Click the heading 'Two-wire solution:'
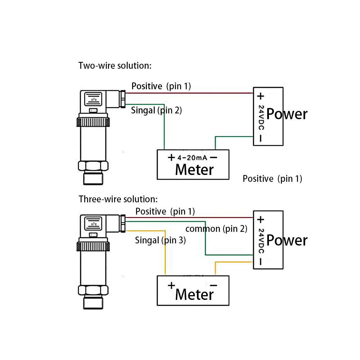(115, 66)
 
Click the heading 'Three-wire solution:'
(118, 199)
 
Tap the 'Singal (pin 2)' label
(156, 111)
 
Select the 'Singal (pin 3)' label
(160, 240)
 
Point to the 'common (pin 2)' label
(216, 229)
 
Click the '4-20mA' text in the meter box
(193, 158)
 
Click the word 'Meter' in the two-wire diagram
(194, 170)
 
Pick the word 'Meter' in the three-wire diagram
(194, 294)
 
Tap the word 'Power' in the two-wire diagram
(287, 114)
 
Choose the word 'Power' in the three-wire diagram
(287, 240)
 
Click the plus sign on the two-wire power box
(260, 96)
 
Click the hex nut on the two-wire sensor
(93, 166)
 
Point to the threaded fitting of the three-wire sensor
(93, 303)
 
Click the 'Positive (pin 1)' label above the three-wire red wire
(165, 211)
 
